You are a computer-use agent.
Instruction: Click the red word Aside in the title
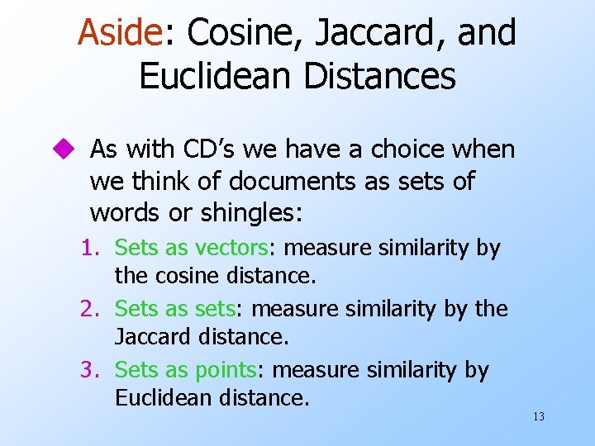click(117, 34)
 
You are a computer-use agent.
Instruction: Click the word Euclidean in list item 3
click(162, 397)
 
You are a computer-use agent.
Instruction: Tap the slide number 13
click(538, 417)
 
